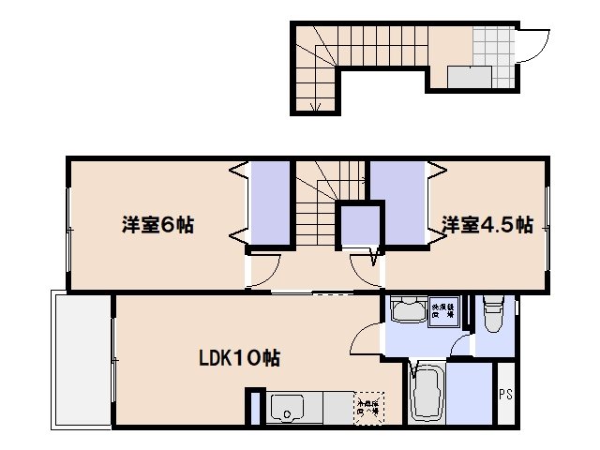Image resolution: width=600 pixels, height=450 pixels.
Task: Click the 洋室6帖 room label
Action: click(x=157, y=225)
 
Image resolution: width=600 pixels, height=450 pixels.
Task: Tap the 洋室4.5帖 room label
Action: click(x=487, y=225)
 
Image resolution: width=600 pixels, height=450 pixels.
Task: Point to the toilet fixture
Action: click(x=493, y=315)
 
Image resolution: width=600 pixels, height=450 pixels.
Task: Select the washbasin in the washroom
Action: click(x=407, y=311)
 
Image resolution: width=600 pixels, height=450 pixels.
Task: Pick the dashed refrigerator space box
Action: click(x=368, y=407)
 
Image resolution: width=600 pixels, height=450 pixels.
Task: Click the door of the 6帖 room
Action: click(x=266, y=266)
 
